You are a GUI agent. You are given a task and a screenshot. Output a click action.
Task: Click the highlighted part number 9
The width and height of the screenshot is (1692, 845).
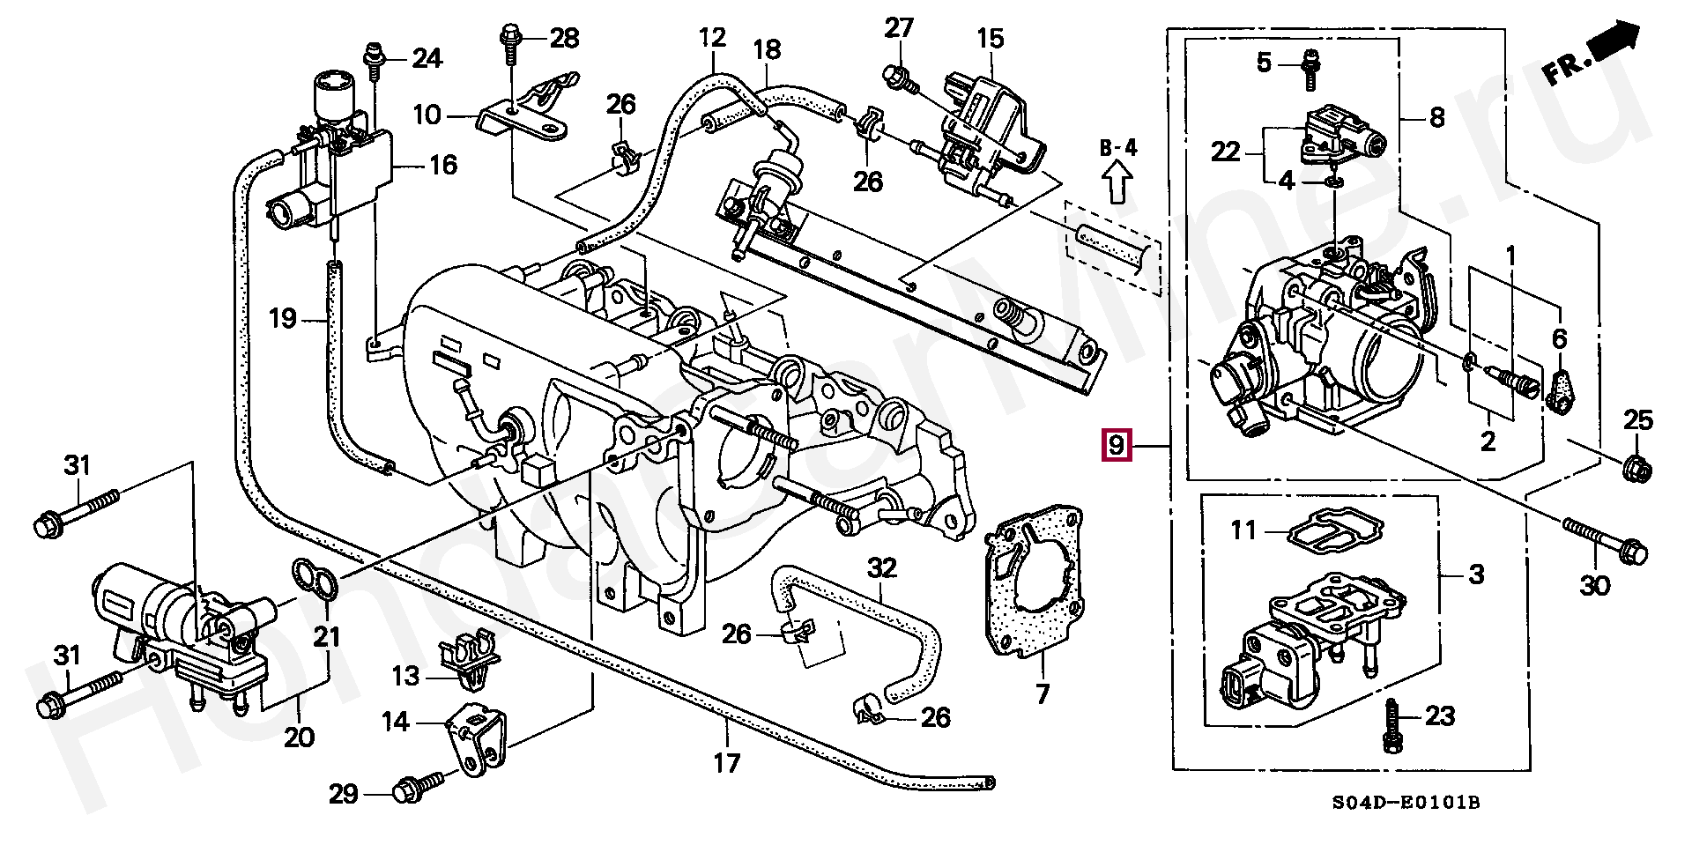click(x=1116, y=445)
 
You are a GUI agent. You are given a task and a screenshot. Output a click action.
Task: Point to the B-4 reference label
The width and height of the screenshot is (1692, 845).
click(x=1117, y=148)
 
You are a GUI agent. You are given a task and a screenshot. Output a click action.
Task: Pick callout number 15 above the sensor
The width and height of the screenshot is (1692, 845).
click(x=990, y=39)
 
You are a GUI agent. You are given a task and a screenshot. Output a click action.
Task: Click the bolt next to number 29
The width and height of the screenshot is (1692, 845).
click(x=413, y=788)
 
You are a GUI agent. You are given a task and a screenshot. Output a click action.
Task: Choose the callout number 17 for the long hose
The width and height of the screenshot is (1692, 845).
click(x=727, y=763)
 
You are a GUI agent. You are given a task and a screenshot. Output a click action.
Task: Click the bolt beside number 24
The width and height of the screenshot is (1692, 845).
click(x=374, y=66)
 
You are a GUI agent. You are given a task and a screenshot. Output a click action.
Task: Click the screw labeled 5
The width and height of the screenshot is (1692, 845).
click(x=1309, y=69)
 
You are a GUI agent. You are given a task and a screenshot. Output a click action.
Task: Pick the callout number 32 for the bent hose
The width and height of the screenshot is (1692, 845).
click(x=881, y=567)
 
